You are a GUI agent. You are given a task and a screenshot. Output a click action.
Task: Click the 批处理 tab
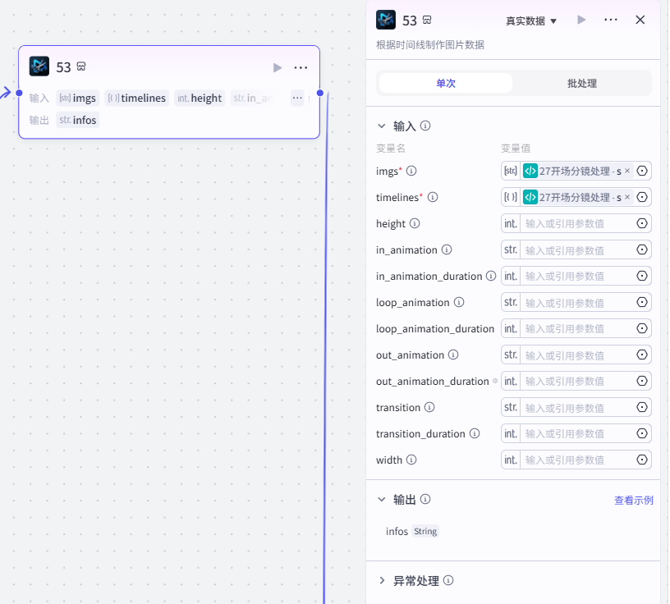click(x=581, y=83)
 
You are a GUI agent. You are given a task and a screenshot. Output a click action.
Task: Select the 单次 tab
click(x=446, y=83)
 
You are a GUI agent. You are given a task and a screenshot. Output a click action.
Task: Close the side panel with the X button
click(x=640, y=20)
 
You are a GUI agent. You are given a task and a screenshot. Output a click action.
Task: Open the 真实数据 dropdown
click(x=531, y=21)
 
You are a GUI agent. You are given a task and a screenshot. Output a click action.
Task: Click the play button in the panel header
click(x=581, y=20)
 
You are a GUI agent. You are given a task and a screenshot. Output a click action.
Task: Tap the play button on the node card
click(x=278, y=67)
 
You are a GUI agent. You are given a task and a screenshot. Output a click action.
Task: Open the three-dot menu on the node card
click(x=301, y=67)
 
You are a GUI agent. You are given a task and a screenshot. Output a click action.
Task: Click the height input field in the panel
click(x=577, y=223)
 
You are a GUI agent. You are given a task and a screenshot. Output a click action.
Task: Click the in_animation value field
click(x=577, y=249)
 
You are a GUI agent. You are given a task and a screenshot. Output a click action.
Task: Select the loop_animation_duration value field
click(x=577, y=328)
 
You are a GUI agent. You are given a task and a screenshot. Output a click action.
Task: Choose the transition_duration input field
click(x=577, y=433)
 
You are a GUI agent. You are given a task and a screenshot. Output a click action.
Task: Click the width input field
click(x=577, y=460)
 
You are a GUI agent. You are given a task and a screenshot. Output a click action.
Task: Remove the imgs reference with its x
click(x=627, y=171)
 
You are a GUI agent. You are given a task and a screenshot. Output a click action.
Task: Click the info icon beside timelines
click(x=433, y=197)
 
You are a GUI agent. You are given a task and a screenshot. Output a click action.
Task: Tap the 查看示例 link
click(x=634, y=501)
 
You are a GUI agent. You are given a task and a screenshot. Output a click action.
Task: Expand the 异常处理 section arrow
click(x=382, y=580)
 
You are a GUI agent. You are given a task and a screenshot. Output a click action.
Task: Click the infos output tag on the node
click(x=78, y=120)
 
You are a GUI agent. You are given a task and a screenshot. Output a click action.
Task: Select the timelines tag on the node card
click(x=137, y=98)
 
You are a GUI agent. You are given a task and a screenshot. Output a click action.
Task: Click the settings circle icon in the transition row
click(x=642, y=407)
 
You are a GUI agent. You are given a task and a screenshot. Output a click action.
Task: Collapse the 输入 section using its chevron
click(x=382, y=126)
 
